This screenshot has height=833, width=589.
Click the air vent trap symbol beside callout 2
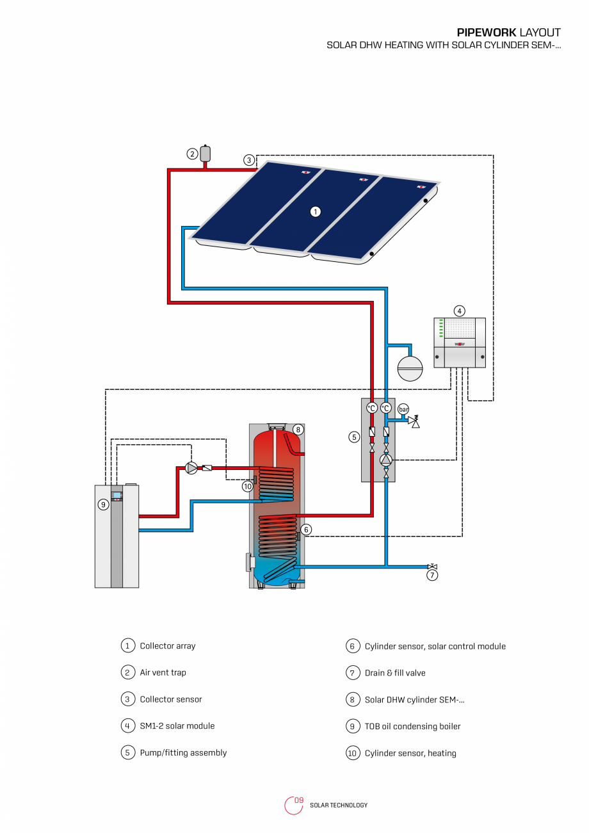point(206,154)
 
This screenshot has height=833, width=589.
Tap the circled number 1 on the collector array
point(315,211)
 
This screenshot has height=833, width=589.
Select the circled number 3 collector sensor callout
point(248,160)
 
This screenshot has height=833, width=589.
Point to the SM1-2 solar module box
point(459,343)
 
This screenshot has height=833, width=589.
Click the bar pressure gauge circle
point(403,409)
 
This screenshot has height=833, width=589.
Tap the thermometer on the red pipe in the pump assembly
point(372,408)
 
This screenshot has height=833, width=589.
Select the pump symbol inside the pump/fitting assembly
point(386,460)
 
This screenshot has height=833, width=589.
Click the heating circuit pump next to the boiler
point(191,468)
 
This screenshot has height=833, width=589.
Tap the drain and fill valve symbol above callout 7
point(432,566)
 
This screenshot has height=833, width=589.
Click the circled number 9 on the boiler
point(103,505)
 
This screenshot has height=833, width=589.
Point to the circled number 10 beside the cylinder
point(248,487)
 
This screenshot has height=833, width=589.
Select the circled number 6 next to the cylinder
point(307,530)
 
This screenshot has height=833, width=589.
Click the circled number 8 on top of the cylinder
point(298,429)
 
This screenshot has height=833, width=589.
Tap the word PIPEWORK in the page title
point(486,33)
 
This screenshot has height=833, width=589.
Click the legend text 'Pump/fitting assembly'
point(183,753)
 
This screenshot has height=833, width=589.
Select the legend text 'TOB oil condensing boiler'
point(412,726)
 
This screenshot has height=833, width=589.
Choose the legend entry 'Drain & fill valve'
point(395,673)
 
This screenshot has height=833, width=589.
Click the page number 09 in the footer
point(299,800)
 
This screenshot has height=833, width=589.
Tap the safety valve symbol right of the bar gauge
point(415,421)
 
